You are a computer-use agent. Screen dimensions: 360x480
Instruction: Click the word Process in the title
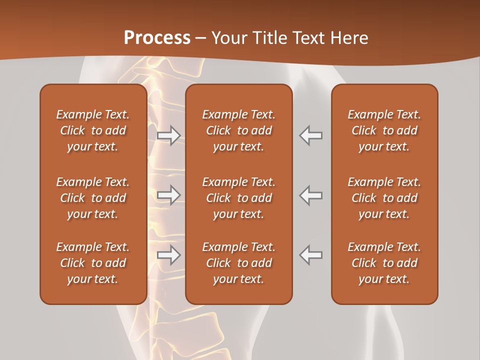point(157,38)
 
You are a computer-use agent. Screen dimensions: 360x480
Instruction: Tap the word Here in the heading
point(349,38)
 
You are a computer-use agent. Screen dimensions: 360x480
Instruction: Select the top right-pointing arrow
point(169,135)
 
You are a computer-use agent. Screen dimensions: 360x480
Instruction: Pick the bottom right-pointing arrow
point(169,255)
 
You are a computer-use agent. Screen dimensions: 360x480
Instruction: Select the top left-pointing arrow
point(311,135)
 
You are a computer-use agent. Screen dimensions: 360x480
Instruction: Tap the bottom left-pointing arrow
point(311,255)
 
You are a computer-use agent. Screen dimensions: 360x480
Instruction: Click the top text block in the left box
point(93,130)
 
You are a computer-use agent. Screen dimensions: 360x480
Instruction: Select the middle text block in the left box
point(93,198)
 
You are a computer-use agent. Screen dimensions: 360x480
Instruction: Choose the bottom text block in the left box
point(93,263)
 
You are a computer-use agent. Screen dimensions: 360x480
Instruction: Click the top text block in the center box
point(239,130)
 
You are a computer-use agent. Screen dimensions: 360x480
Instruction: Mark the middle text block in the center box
point(239,198)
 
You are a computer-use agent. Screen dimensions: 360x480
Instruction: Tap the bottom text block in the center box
point(239,263)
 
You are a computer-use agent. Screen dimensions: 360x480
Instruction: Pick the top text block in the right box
point(384,130)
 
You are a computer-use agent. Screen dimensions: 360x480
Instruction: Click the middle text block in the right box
point(384,198)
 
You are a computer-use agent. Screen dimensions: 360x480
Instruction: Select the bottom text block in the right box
point(384,263)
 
